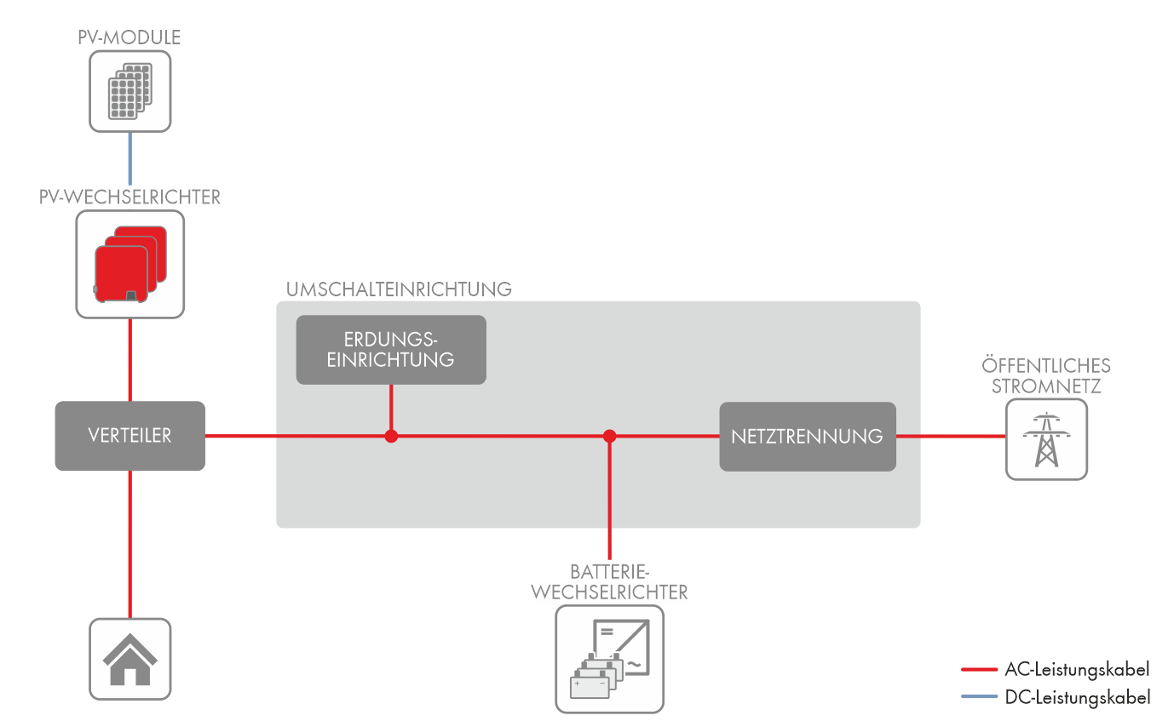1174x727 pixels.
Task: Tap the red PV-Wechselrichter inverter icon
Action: click(x=129, y=264)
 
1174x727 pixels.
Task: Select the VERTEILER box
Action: click(x=129, y=436)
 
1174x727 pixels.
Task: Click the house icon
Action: click(x=129, y=659)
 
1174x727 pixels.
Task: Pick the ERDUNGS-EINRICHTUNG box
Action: click(x=391, y=350)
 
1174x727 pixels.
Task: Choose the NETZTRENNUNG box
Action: click(x=807, y=437)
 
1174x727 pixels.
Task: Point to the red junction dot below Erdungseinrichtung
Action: click(x=391, y=436)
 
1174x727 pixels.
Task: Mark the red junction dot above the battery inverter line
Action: click(x=609, y=436)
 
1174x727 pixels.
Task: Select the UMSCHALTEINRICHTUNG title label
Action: click(x=399, y=289)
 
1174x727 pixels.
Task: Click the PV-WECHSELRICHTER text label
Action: click(x=129, y=197)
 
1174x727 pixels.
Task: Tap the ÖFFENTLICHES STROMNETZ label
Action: click(x=1046, y=375)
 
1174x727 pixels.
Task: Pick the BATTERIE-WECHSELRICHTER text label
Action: click(x=609, y=581)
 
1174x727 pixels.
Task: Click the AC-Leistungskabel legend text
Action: click(x=1077, y=669)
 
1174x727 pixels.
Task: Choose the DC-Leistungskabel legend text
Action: click(x=1077, y=697)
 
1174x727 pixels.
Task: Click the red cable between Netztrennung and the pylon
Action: click(x=950, y=436)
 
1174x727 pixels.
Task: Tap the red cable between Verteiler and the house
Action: click(x=129, y=545)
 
